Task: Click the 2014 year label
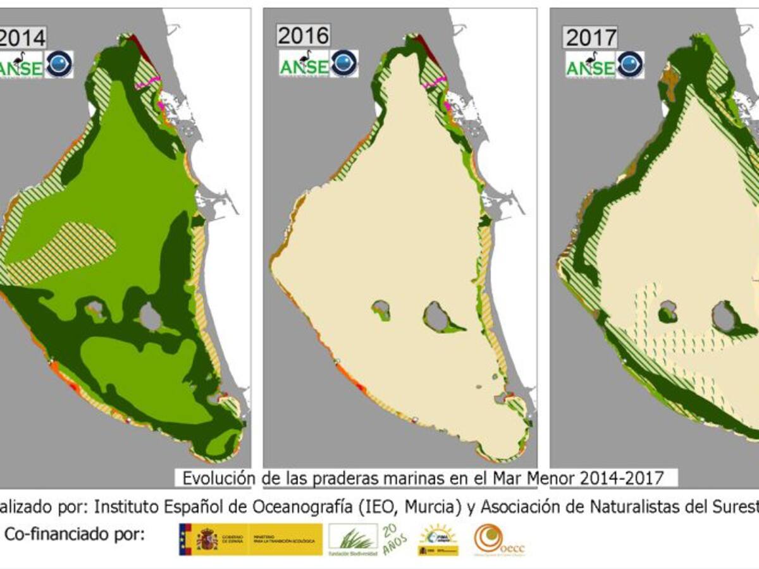[23, 39]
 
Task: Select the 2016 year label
[304, 36]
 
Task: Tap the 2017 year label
[591, 38]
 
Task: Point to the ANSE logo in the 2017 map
[590, 65]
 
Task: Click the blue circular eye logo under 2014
[59, 64]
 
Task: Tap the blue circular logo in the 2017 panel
[630, 64]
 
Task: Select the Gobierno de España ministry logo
[250, 539]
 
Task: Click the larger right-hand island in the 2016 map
[436, 315]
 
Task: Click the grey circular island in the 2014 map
[151, 317]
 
